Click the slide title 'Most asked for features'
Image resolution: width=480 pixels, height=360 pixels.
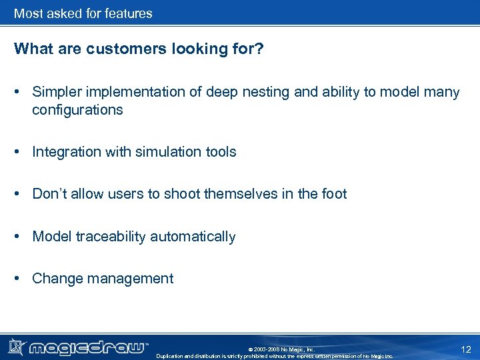(83, 13)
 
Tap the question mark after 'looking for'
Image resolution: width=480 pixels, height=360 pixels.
(260, 49)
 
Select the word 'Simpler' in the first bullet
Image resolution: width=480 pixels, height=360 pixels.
(56, 92)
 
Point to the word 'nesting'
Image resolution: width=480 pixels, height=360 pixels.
(265, 92)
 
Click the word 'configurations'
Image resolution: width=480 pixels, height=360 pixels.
(77, 110)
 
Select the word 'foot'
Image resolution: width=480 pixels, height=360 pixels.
(333, 194)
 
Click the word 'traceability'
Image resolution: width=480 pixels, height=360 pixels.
(111, 237)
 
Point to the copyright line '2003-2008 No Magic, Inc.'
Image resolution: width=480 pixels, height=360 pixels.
(281, 349)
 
